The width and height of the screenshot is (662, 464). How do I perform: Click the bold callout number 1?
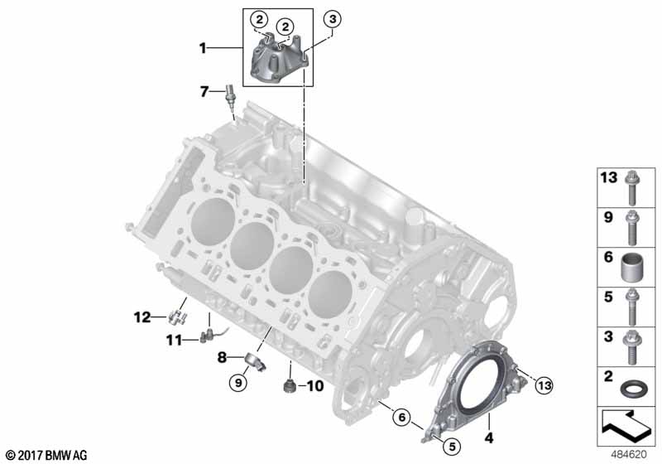[x=203, y=48]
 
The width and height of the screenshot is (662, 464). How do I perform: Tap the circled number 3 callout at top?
[x=333, y=19]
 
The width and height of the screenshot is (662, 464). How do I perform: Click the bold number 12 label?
[x=142, y=317]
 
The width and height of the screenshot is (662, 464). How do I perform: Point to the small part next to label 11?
[x=204, y=337]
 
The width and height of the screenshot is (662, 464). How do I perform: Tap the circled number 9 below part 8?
[x=238, y=383]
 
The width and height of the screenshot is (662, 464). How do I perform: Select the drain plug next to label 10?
[x=289, y=386]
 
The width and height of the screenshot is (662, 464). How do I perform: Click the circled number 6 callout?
[x=401, y=418]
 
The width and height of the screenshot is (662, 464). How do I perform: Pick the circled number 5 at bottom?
[x=452, y=447]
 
